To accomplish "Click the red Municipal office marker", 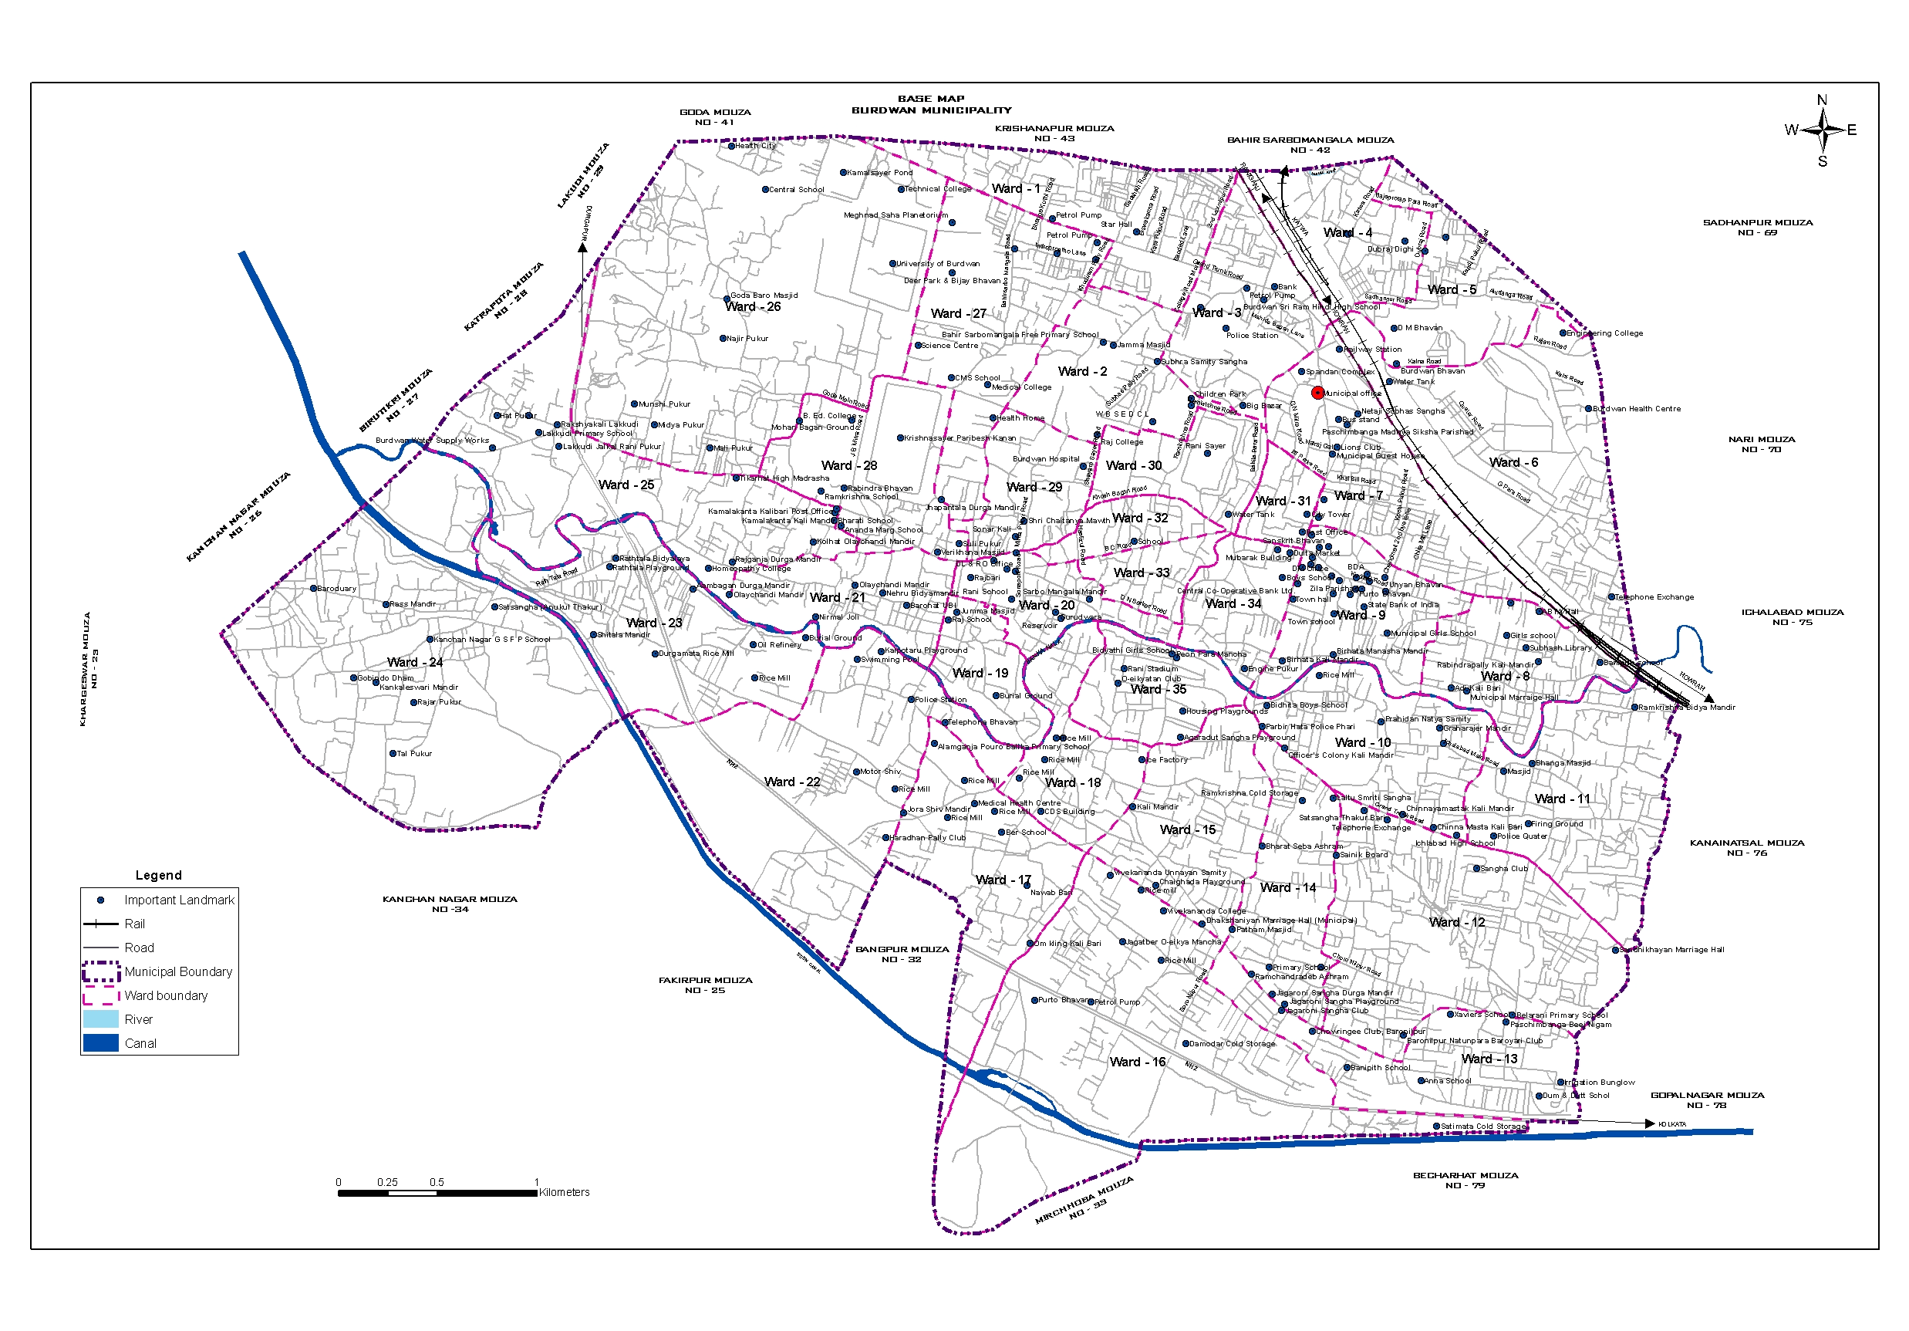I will click(x=1317, y=393).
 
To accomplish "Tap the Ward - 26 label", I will click(x=753, y=307).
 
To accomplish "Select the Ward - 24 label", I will click(x=415, y=662).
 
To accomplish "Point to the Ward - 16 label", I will click(x=1138, y=1062).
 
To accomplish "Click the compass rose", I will click(x=1822, y=130).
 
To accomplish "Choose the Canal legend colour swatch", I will click(x=100, y=1043).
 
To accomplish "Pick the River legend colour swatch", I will click(x=100, y=1019).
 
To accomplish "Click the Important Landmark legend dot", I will click(x=100, y=900).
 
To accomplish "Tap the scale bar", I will click(x=437, y=1193).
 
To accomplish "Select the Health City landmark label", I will click(x=755, y=146).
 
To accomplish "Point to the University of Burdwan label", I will click(x=937, y=264).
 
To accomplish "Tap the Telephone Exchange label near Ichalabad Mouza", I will click(x=1654, y=597).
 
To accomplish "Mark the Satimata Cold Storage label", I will click(x=1483, y=1127).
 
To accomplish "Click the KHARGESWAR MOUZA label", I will click(x=89, y=670).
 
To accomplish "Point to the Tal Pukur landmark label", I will click(x=414, y=754).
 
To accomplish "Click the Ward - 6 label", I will click(x=1513, y=462).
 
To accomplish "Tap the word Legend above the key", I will click(x=158, y=875).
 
